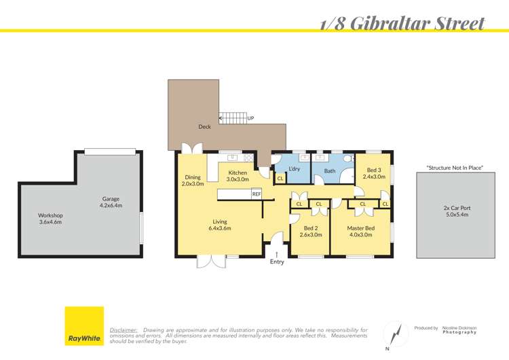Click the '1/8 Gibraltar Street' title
click(402, 24)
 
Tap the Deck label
click(204, 126)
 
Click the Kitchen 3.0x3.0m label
click(238, 176)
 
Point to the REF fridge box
click(257, 194)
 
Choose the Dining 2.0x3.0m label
click(193, 180)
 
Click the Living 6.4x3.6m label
click(220, 225)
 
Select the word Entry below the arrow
click(277, 262)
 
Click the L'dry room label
click(295, 168)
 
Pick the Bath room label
click(330, 171)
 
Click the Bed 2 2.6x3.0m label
click(310, 232)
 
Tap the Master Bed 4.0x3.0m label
click(360, 232)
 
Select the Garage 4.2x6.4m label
click(110, 202)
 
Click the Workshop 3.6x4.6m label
click(50, 219)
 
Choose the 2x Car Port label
click(451, 211)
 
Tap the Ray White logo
click(84, 326)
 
